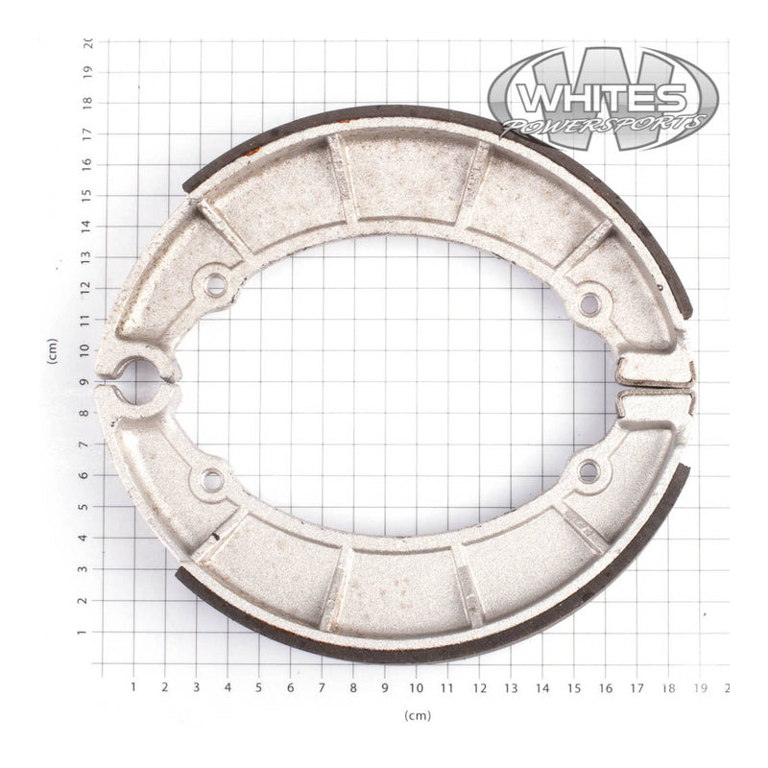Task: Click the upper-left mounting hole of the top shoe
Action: point(216,284)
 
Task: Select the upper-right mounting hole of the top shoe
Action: point(589,304)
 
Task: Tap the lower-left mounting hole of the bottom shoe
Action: point(212,479)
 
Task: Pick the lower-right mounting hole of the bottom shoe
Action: point(588,470)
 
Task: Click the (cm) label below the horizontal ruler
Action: point(418,715)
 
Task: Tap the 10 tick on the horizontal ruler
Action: point(417,687)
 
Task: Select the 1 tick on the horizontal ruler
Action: point(132,687)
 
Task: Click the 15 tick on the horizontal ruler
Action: point(574,687)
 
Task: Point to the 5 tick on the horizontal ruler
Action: point(258,687)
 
